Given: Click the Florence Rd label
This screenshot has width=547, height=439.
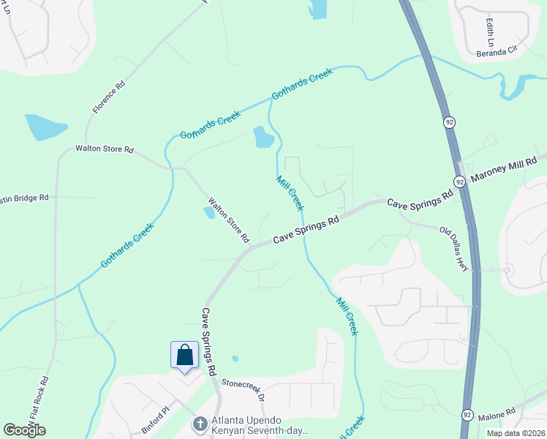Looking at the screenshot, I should tap(109, 97).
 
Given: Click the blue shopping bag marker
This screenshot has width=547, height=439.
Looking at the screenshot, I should tap(185, 356).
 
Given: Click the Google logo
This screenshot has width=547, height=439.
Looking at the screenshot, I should tap(24, 430).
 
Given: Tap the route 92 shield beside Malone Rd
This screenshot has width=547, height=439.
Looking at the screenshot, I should tap(467, 415).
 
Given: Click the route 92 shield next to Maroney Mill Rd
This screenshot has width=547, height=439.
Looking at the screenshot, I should tap(459, 181).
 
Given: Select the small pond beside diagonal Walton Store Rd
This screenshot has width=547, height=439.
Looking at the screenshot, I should tap(210, 212).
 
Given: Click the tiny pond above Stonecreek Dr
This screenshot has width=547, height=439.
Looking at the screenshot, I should tap(234, 359).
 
